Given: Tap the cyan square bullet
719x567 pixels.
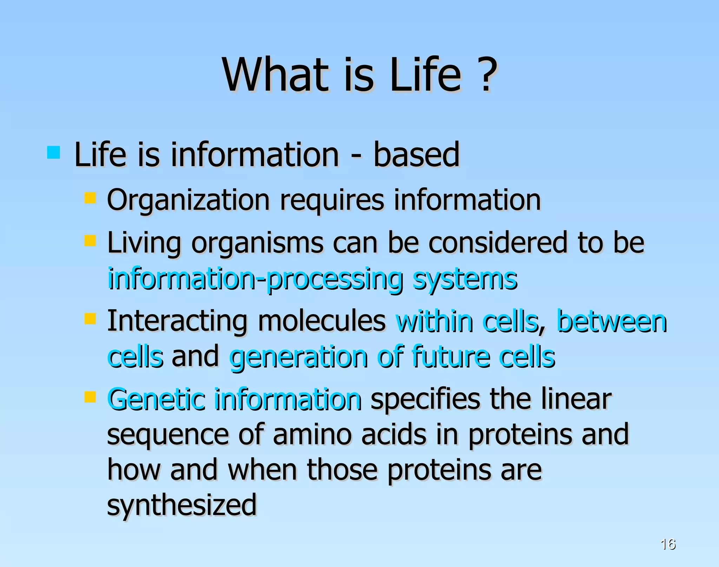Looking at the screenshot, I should coord(53,153).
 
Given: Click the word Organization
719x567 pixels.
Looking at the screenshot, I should coord(188,201).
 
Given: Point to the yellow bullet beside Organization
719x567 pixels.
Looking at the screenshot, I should coord(90,198).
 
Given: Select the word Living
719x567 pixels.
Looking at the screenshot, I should coord(144,243).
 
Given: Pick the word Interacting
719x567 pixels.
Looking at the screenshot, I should coord(177,321).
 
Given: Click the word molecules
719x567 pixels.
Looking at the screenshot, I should coord(322,321).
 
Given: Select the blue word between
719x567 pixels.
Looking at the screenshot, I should coord(612,321).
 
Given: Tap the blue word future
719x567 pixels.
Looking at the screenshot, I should coord(451,357).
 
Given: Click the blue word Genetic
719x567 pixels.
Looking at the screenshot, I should coord(156,400).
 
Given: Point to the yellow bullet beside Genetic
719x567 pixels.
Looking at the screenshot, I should coord(90,397).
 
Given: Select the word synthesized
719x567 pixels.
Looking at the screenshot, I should coord(182,506).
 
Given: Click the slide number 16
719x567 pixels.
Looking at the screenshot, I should coord(668,544).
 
